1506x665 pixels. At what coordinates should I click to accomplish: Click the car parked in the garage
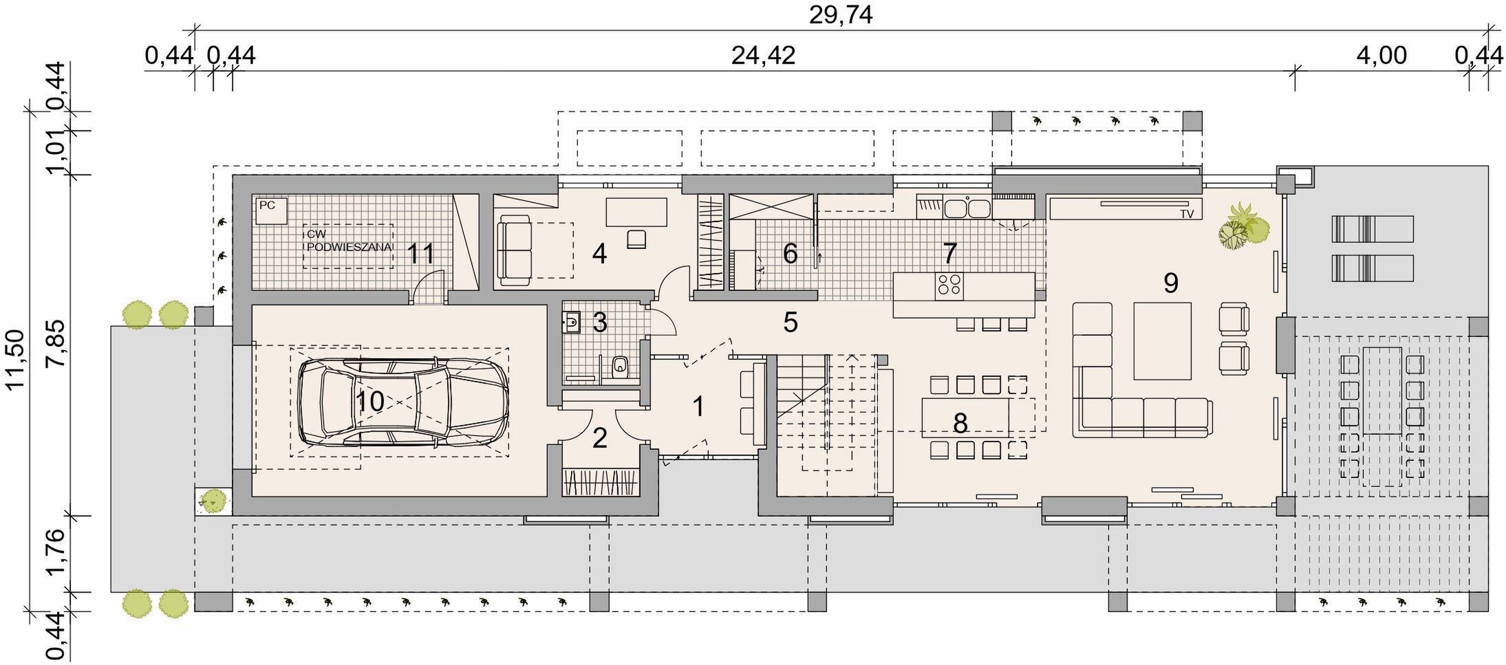point(403,402)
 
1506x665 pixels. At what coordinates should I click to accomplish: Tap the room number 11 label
point(420,254)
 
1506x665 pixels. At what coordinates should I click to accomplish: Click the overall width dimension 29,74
point(840,14)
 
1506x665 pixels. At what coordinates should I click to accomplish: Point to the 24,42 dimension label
point(763,55)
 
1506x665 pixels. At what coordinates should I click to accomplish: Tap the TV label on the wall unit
point(1186,214)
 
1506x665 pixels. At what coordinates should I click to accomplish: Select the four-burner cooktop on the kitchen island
point(949,286)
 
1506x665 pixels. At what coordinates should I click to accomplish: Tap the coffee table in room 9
point(1162,340)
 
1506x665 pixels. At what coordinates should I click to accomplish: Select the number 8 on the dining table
point(960,423)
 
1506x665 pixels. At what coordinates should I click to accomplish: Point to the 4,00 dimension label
point(1381,55)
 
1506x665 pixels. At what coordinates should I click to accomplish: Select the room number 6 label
point(790,254)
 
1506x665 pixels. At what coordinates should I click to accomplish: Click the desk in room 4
point(636,212)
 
